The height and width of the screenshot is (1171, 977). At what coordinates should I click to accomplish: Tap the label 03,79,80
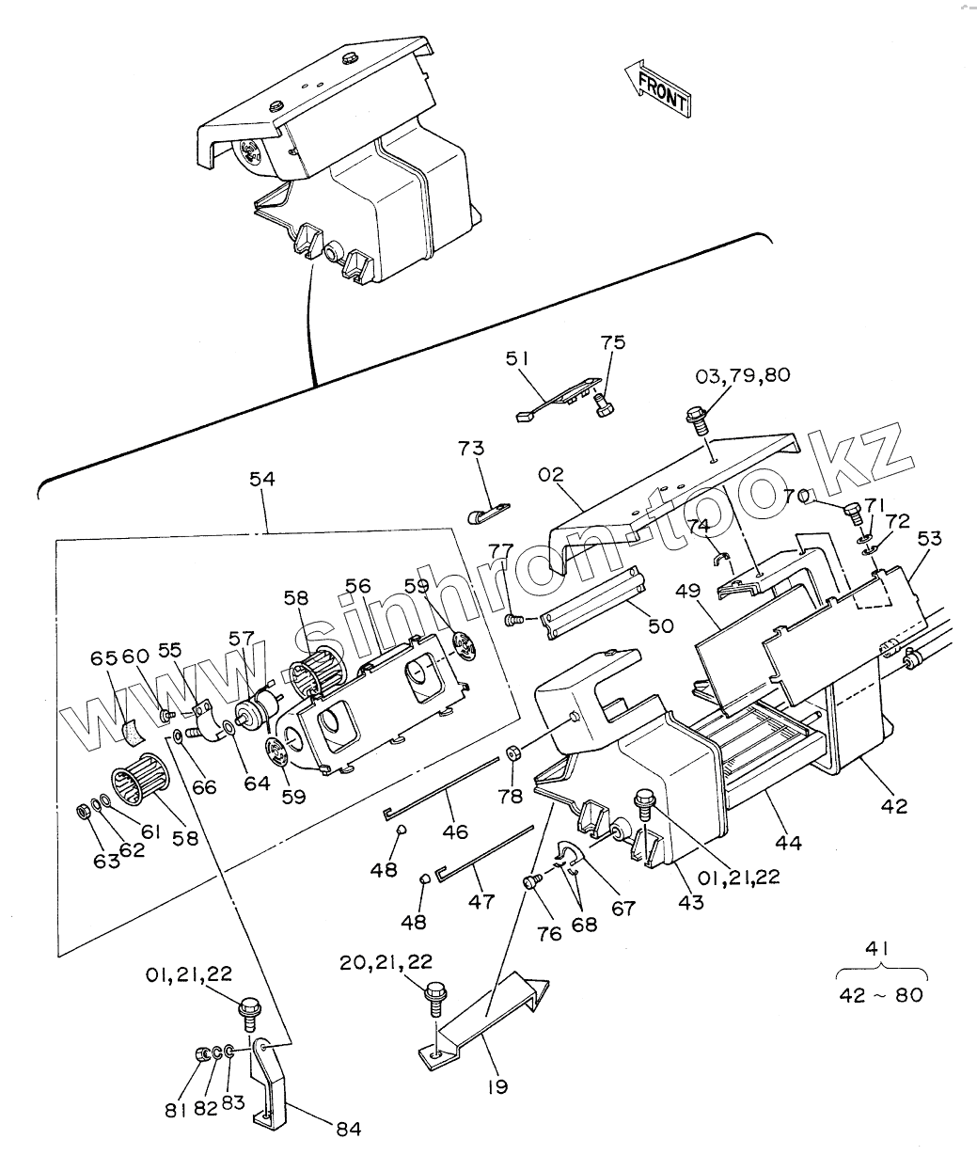coord(743,374)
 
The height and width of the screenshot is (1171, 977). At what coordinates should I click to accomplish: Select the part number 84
coord(348,1128)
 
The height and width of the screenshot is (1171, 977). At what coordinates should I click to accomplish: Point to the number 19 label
coord(497,1086)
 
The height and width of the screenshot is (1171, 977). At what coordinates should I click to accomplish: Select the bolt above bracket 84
coord(250,1010)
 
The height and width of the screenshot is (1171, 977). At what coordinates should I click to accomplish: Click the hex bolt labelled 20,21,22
coord(434,996)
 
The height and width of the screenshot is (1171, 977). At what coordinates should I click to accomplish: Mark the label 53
coord(929,539)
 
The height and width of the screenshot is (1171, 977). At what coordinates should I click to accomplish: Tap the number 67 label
coord(622,909)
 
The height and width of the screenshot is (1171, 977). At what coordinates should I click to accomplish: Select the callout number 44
coord(788,842)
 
